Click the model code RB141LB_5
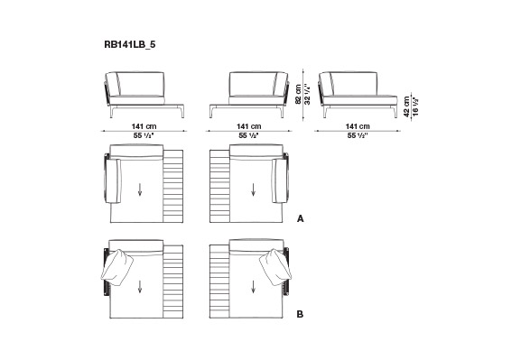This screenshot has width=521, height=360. point(130,44)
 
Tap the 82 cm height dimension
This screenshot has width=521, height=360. point(298,94)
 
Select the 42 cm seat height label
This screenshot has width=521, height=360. point(406,106)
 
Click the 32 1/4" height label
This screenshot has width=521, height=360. point(308,94)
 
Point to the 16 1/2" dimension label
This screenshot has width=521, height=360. point(415,106)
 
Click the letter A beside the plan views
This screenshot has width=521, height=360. point(301,219)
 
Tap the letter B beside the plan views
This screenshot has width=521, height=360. point(300,314)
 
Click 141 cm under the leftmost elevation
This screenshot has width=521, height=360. point(144,126)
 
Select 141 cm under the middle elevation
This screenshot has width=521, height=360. point(249,126)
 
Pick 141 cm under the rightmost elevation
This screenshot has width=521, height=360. point(358,126)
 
